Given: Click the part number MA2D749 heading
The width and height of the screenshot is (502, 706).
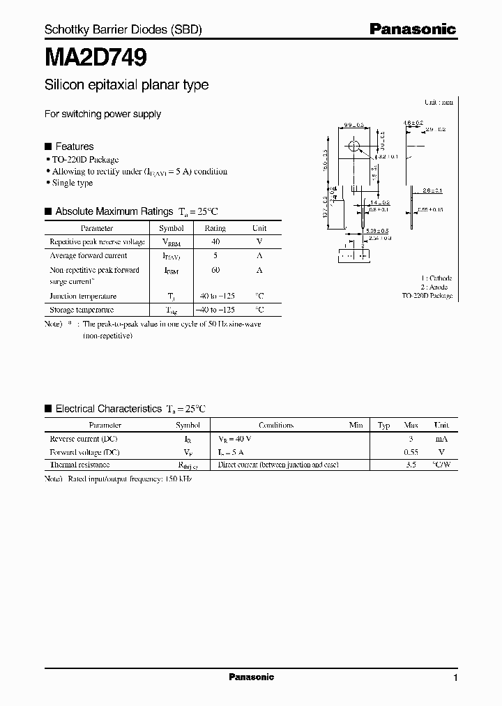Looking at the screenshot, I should point(96,57).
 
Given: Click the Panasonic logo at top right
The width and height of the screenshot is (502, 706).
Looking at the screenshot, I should point(412,29).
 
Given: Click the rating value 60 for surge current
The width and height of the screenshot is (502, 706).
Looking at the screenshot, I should point(215,270).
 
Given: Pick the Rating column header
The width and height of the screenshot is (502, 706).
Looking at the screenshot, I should point(215,228).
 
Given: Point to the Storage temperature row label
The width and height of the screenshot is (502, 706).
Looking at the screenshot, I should point(82,309).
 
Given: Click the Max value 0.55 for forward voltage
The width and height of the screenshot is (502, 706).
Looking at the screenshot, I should point(411,452).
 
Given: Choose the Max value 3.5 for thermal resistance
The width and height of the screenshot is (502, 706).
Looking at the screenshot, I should point(411,465).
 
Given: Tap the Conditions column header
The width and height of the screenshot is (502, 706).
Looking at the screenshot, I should point(276,425).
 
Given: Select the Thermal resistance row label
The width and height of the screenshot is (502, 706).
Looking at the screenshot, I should point(79,465).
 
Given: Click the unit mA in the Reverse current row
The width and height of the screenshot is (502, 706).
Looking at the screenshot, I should point(441,439).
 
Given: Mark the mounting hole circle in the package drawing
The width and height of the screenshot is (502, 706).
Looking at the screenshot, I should point(354,146).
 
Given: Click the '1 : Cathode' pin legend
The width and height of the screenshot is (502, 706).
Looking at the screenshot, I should point(436,278).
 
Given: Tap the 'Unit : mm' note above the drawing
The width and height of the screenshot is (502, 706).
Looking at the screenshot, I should point(439,102).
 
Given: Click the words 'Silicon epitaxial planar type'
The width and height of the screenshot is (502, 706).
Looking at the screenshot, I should point(126,85).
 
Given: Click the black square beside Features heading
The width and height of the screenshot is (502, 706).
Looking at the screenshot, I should point(48,147).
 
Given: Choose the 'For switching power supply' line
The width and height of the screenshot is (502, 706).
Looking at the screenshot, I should point(102,114).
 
